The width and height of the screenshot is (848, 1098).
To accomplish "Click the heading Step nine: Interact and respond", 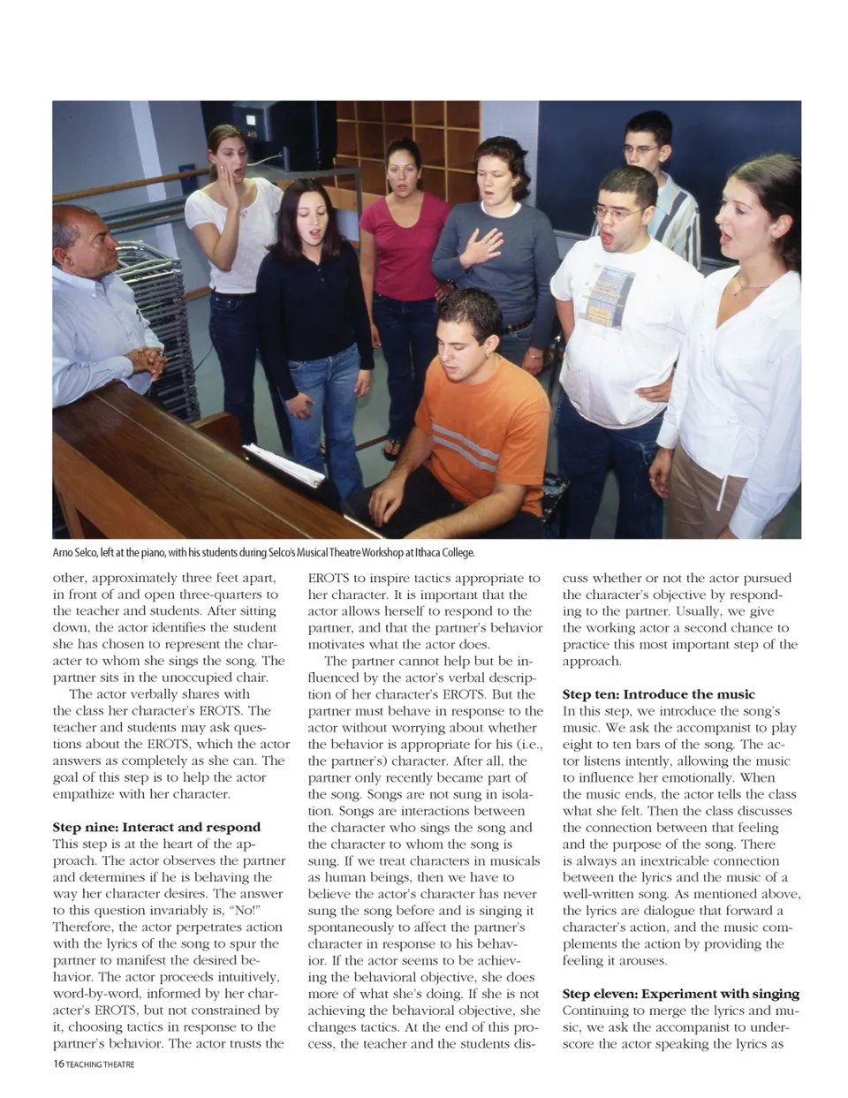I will click(156, 828).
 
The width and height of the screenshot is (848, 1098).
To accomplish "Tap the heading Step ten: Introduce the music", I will click(658, 694).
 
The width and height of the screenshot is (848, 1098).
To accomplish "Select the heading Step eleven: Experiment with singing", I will click(680, 994).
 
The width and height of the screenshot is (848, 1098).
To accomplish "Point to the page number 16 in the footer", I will click(58, 1064).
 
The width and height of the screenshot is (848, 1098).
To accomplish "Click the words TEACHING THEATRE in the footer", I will click(100, 1064).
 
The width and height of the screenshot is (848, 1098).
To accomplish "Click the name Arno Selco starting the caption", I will click(74, 553).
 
